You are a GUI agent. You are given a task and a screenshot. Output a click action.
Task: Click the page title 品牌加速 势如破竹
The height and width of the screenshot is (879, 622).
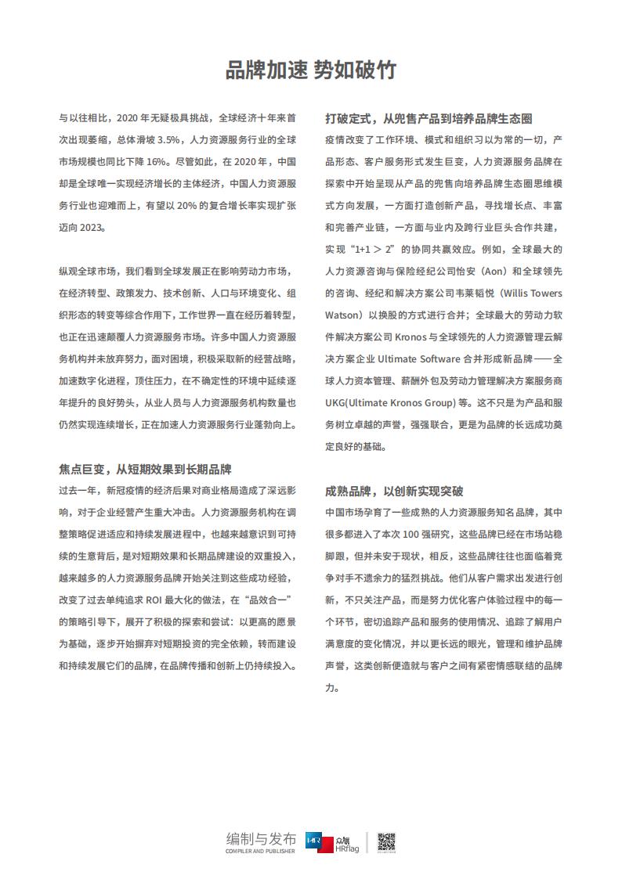click(x=310, y=70)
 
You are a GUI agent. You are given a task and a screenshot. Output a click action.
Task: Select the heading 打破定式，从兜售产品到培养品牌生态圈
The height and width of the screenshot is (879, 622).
click(x=429, y=119)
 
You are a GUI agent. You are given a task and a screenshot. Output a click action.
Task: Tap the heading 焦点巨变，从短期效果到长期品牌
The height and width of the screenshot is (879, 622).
click(x=146, y=469)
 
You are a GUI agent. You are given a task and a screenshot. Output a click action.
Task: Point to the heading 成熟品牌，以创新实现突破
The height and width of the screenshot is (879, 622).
click(x=394, y=491)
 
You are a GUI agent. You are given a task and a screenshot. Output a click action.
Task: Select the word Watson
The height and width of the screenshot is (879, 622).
click(x=343, y=315)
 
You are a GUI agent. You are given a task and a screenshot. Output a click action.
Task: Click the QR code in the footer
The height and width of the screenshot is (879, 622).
click(x=387, y=841)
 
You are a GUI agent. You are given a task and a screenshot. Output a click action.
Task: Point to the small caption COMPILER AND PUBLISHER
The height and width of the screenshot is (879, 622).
click(x=261, y=852)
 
